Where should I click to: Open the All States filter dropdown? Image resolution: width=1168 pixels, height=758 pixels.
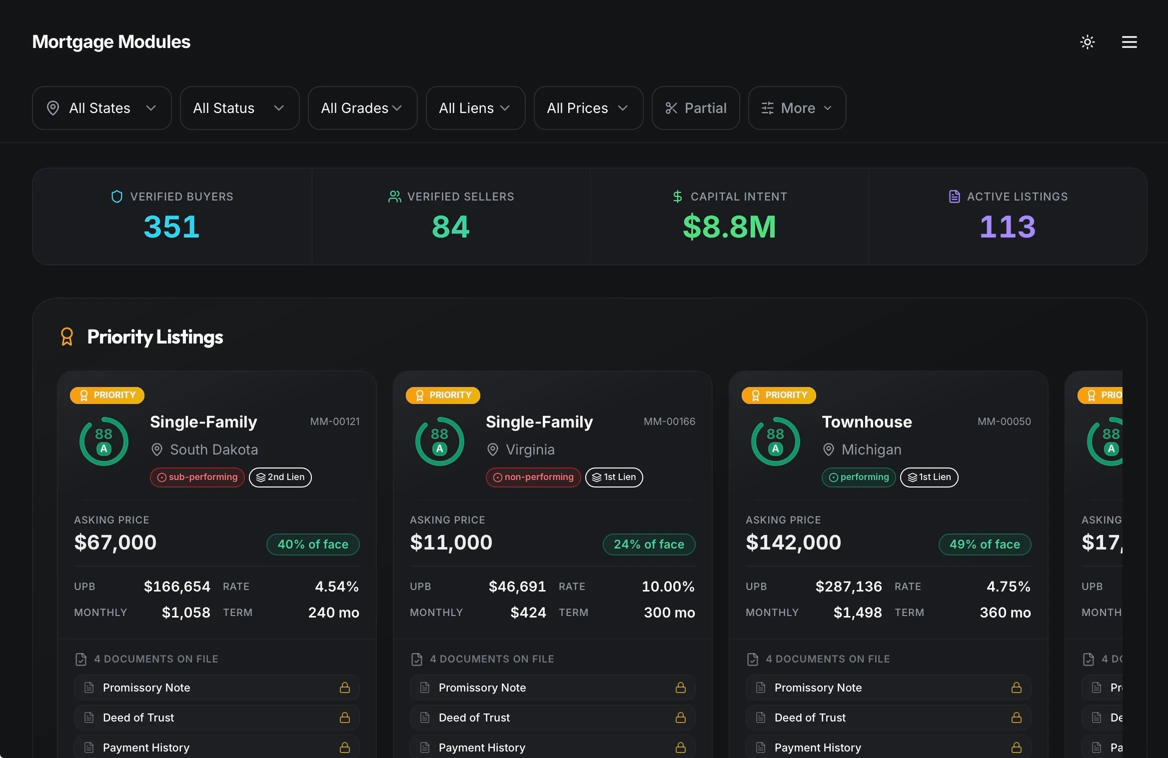pos(101,108)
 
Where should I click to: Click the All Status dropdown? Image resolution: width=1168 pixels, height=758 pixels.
pos(239,108)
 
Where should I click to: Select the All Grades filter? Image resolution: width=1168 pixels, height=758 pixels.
pos(362,108)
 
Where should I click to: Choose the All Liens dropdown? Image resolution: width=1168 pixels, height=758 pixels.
pos(475,108)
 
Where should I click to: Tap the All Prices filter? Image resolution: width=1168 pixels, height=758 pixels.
pos(588,108)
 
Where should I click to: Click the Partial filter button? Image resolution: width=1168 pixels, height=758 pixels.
pos(696,108)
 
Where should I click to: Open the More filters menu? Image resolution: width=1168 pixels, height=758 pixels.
pos(797,108)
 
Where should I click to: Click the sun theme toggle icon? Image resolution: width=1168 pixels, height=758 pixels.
pos(1088,42)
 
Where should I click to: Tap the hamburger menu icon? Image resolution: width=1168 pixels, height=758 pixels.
pos(1130,42)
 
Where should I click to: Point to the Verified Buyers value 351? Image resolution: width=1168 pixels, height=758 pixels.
pos(171,226)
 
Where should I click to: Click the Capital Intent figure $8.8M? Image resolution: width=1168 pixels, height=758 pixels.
pos(729,226)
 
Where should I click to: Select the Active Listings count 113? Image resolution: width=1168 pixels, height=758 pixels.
pos(1008,226)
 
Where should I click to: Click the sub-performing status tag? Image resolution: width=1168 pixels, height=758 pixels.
pos(197,477)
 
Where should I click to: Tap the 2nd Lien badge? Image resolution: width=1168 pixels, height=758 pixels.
pos(280,477)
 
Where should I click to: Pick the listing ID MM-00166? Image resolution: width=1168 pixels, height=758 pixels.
pos(669,421)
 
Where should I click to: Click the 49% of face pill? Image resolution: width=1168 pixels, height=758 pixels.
pos(985,544)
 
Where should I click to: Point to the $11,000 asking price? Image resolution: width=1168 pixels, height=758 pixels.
pos(451,542)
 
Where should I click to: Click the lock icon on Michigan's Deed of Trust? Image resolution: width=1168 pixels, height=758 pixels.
pos(1016,717)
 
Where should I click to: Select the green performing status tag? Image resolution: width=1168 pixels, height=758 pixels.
pos(859,477)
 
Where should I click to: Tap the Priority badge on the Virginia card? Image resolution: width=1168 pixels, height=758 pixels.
pos(443,395)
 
